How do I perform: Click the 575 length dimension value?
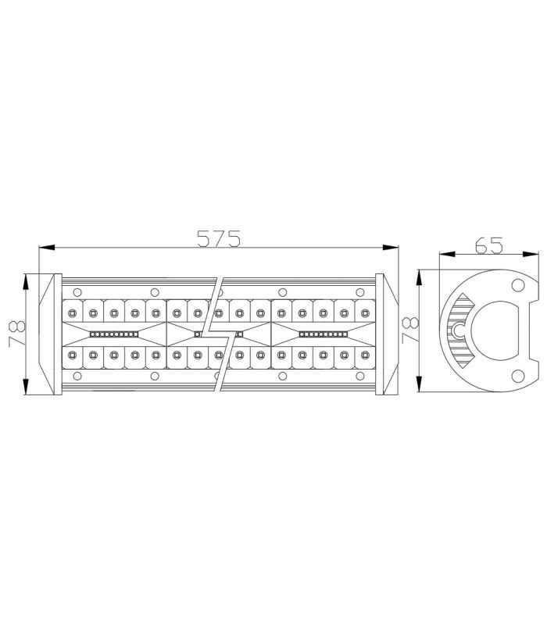[218, 237]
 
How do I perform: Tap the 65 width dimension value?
[488, 245]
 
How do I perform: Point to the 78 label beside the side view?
[407, 330]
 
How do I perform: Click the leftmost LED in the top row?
[72, 312]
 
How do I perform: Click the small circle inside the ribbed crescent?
[459, 331]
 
